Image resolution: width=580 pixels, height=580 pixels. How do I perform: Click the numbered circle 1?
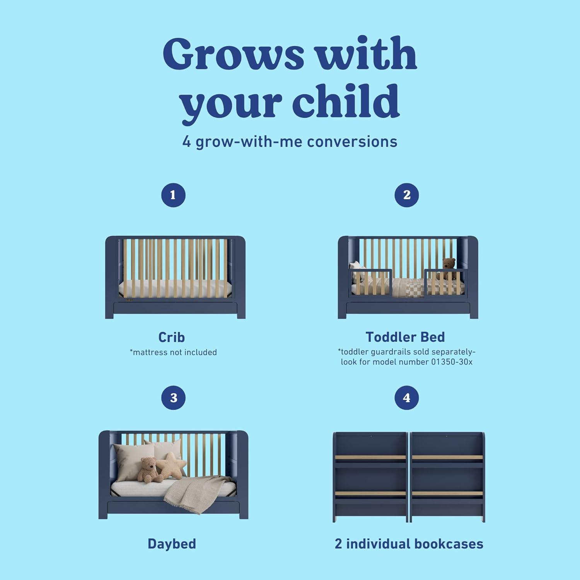[173, 195]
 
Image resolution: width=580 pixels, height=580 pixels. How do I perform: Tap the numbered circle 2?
[406, 195]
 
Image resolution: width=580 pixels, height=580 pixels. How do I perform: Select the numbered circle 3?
[173, 397]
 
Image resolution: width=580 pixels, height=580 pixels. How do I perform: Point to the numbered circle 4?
[406, 397]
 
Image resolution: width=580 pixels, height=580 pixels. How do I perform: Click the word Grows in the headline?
[234, 54]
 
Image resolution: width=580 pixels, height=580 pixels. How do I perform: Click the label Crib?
[172, 337]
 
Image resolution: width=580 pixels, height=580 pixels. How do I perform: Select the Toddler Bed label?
[405, 337]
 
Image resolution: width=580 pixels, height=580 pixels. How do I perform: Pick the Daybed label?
[172, 544]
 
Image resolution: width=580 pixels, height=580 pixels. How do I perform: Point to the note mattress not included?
[173, 352]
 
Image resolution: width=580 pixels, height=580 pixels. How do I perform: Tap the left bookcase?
[370, 478]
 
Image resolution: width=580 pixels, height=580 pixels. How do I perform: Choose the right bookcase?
[447, 478]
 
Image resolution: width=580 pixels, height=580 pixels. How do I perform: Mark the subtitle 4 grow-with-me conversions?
[290, 142]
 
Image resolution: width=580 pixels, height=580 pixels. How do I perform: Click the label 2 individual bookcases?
[409, 544]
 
